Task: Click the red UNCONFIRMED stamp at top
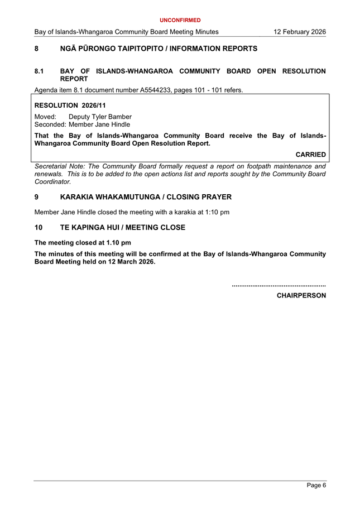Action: (x=180, y=20)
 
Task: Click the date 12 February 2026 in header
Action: (x=300, y=32)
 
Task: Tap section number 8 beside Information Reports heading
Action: (x=37, y=49)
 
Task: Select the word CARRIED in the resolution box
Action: (x=310, y=154)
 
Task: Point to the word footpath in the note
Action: (x=249, y=166)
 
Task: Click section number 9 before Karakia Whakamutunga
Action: (x=37, y=197)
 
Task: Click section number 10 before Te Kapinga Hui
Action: (x=39, y=227)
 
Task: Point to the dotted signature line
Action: (x=279, y=285)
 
